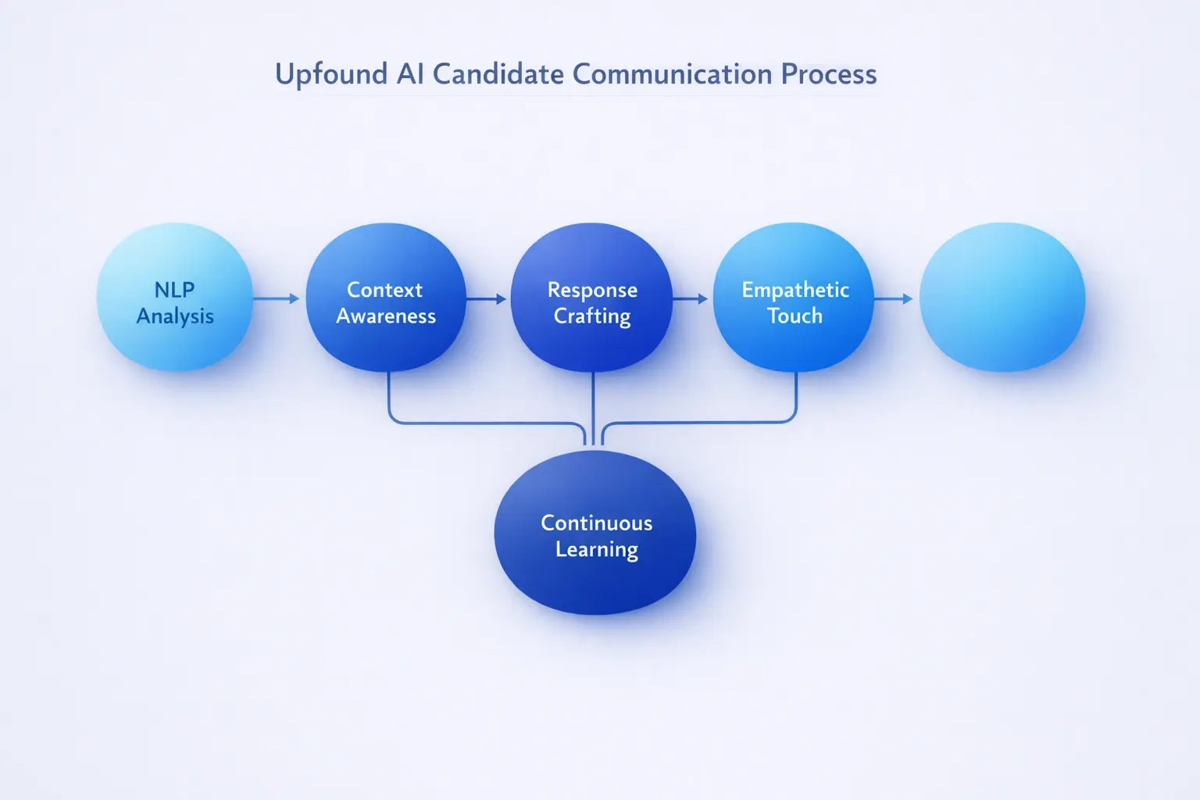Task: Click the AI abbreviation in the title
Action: coord(410,74)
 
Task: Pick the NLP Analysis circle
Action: coord(175,298)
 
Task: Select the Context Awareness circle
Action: coord(386,298)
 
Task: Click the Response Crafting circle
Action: coord(591,298)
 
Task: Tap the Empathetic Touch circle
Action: coord(794,298)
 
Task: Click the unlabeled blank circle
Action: coord(1002,298)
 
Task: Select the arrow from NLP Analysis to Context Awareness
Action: coord(277,298)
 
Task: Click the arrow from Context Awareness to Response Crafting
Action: coord(486,298)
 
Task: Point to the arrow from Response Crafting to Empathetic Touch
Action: coord(690,298)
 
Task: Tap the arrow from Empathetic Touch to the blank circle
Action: coord(893,298)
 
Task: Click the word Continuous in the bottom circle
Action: coord(596,523)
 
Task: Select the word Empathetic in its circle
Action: coord(795,290)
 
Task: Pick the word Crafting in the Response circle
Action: coord(592,316)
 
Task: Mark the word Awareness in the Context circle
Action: coord(386,316)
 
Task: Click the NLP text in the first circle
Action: coord(174,290)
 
